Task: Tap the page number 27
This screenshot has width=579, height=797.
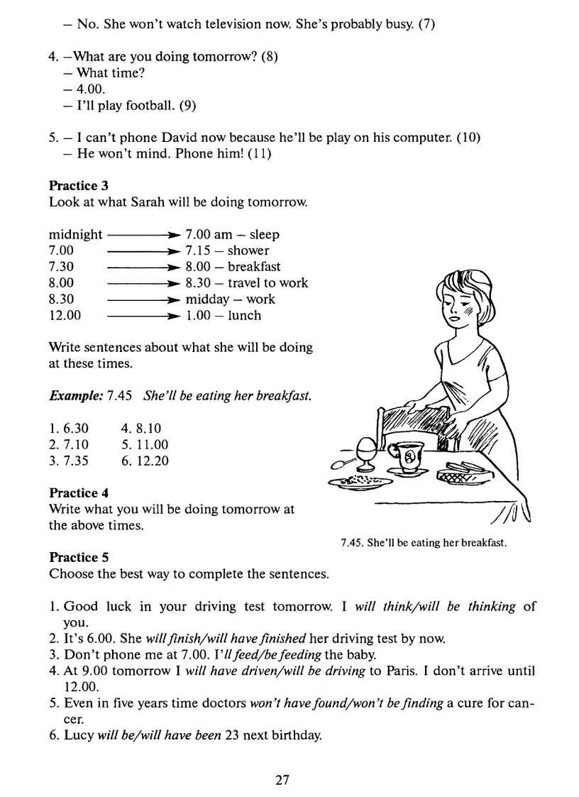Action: [x=282, y=780]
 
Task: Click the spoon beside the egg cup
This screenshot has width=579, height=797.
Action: [x=343, y=462]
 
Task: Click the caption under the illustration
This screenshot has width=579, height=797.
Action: [x=424, y=543]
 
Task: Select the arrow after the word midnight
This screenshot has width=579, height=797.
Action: [x=143, y=235]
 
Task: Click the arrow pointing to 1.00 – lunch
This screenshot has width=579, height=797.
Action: [x=143, y=317]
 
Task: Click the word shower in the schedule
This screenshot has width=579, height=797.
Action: [x=248, y=251]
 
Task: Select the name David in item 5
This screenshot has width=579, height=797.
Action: [x=163, y=138]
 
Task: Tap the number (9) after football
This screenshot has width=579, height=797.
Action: [x=187, y=106]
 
